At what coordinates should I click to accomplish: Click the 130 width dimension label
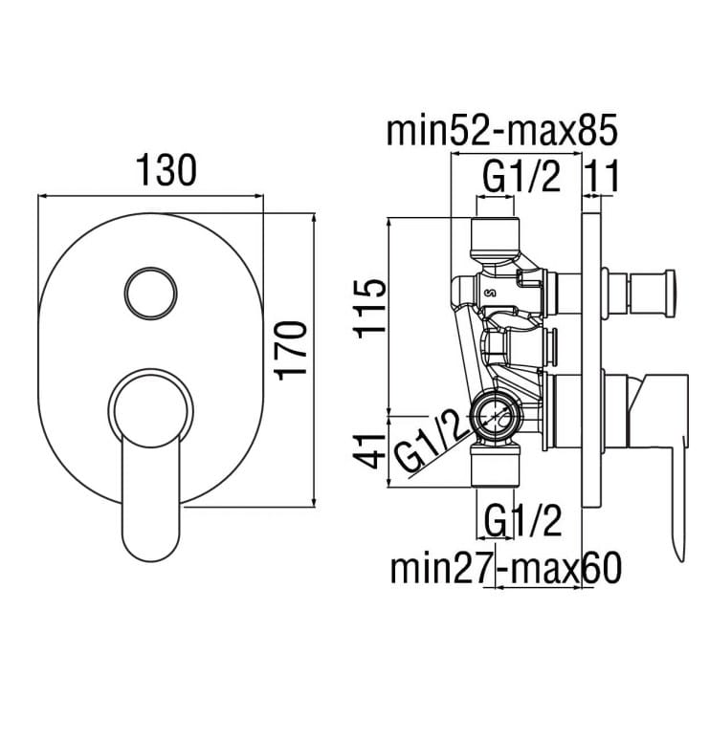(166, 170)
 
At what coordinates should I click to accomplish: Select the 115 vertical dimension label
(369, 308)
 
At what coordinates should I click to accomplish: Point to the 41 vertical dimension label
(369, 451)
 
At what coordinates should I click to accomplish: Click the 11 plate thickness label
(602, 176)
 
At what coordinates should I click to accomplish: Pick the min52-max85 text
(502, 131)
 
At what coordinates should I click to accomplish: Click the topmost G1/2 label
(521, 176)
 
